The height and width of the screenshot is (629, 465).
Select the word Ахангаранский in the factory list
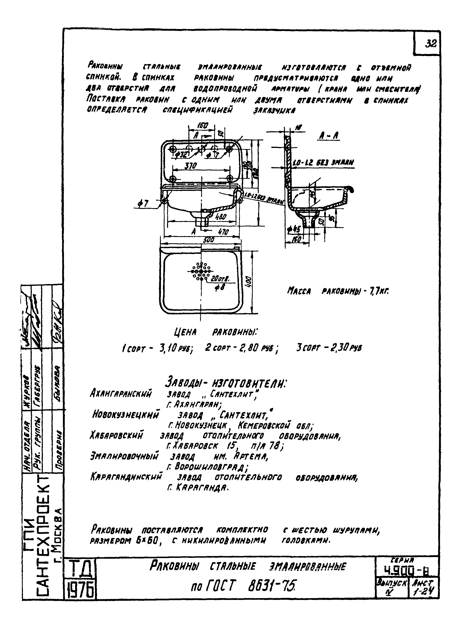121,393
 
